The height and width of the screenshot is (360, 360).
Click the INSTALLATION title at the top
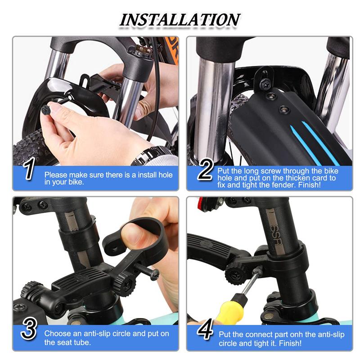click(x=180, y=20)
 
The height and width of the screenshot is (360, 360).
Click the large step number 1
click(x=29, y=169)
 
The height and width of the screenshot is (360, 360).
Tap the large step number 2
click(x=206, y=170)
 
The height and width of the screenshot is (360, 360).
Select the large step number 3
click(x=29, y=329)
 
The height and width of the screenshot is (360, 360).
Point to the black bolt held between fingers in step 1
click(x=46, y=110)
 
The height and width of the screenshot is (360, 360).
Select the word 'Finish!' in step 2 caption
click(x=309, y=185)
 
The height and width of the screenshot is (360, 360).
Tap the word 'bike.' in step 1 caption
click(x=76, y=182)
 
